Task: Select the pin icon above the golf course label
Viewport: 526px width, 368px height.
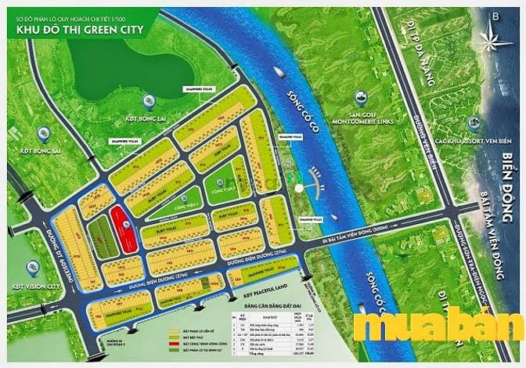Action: coord(361,99)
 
